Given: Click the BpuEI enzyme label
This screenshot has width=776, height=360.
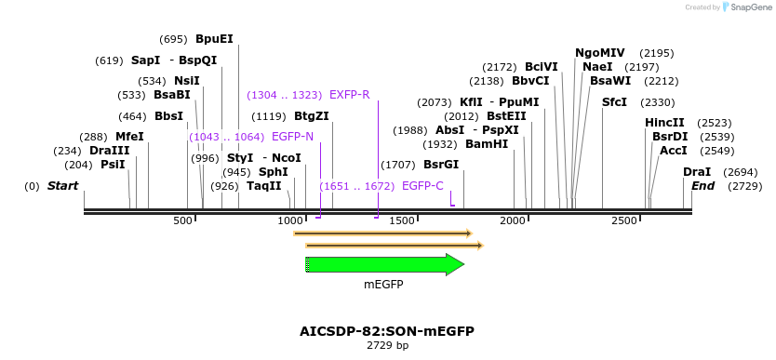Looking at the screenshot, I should coord(214,39).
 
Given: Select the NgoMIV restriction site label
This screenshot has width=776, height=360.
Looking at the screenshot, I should coord(600,53).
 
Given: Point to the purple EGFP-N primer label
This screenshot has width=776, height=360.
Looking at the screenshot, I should coord(292,137).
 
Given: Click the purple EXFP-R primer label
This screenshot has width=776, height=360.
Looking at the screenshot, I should coord(350,95).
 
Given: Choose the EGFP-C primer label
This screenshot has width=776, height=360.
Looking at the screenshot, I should coord(422,186).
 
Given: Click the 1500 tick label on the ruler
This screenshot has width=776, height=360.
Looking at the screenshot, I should coord(404,220).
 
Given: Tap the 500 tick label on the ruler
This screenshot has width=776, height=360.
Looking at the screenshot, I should coord(182,220).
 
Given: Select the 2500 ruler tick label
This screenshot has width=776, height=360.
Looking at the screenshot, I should coord(624,220).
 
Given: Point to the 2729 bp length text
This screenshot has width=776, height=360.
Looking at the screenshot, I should coord(387,346).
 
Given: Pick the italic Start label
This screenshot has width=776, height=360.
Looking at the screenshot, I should coord(62,186).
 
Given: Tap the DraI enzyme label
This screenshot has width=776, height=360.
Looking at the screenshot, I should coord(697,172).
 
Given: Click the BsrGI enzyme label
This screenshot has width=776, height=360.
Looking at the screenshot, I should coord(441,165).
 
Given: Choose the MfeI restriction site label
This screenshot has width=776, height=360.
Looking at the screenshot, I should coord(129,137).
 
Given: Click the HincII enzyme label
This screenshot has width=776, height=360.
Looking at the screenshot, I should coord(664,123).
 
